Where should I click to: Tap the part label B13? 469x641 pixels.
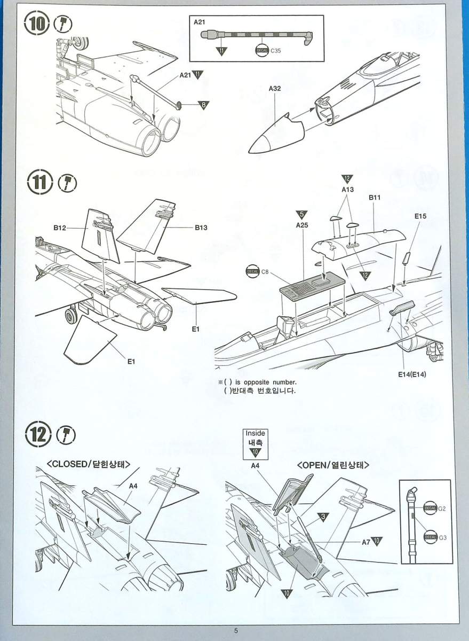(201, 228)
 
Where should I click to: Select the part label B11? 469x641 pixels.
(374, 197)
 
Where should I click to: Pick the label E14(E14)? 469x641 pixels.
(412, 374)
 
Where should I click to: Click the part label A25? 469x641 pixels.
(303, 225)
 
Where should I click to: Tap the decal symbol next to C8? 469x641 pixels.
(252, 271)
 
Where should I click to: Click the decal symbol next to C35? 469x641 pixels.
(262, 51)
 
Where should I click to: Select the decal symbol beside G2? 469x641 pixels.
(430, 507)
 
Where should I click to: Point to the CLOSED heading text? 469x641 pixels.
(89, 464)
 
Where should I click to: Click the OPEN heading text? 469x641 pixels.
(333, 464)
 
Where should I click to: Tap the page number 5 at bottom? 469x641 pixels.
(235, 630)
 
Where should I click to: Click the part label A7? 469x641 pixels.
(366, 542)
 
